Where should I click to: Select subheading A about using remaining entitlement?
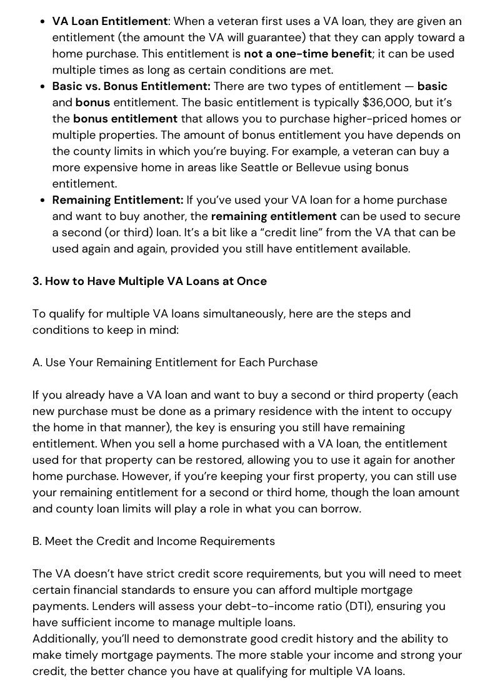(175, 362)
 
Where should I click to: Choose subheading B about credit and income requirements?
(154, 541)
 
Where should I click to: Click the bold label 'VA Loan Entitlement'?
(110, 21)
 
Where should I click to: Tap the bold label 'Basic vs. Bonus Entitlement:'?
(131, 86)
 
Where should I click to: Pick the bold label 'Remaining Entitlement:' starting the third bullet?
(117, 200)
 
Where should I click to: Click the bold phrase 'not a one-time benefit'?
(307, 54)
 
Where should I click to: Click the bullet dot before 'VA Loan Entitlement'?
(41, 21)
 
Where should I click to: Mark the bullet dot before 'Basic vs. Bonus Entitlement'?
(41, 86)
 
